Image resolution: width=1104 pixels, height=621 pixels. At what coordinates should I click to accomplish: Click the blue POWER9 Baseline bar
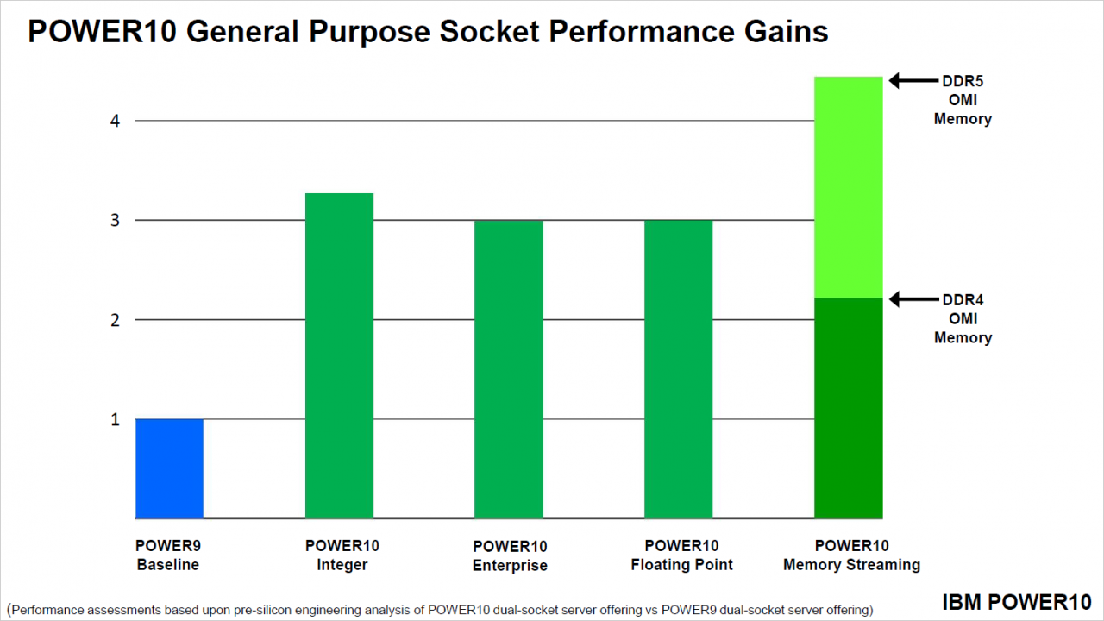pyautogui.click(x=170, y=468)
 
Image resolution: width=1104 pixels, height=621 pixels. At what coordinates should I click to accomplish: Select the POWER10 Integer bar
pyautogui.click(x=339, y=356)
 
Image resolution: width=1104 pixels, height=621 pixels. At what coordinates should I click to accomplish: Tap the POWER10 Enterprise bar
pyautogui.click(x=509, y=370)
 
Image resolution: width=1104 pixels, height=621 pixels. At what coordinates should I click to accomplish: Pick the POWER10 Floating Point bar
pyautogui.click(x=679, y=370)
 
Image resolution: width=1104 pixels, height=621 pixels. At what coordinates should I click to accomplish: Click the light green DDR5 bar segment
pyautogui.click(x=848, y=187)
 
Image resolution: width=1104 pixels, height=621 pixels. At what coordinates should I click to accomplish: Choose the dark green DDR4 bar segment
pyautogui.click(x=848, y=408)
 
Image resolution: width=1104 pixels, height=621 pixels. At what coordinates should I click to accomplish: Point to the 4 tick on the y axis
pyautogui.click(x=115, y=121)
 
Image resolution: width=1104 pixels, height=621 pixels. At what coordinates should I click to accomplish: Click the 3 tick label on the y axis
pyautogui.click(x=115, y=220)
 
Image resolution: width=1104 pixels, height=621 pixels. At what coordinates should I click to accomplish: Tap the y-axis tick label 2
pyautogui.click(x=115, y=320)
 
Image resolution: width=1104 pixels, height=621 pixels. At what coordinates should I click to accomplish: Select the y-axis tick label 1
pyautogui.click(x=115, y=420)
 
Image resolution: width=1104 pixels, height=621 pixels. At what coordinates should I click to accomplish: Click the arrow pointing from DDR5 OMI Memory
pyautogui.click(x=913, y=80)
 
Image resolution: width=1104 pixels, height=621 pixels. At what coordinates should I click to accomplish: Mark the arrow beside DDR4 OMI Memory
pyautogui.click(x=913, y=299)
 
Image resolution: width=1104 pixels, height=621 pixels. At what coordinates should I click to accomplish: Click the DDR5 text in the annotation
pyautogui.click(x=963, y=81)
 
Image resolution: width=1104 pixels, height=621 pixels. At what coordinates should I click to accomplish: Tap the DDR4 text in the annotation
pyautogui.click(x=963, y=299)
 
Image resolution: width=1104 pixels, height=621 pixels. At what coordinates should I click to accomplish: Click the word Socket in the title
pyautogui.click(x=489, y=32)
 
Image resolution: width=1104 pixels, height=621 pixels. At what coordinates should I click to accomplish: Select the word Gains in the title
pyautogui.click(x=786, y=32)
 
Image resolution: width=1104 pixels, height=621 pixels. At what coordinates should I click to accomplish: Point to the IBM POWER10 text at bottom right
pyautogui.click(x=1017, y=602)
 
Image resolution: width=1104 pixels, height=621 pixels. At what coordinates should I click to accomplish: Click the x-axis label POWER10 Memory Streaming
pyautogui.click(x=851, y=555)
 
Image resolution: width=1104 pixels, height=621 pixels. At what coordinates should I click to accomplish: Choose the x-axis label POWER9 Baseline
pyautogui.click(x=168, y=555)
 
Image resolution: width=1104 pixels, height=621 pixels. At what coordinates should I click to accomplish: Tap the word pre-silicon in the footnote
pyautogui.click(x=265, y=610)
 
